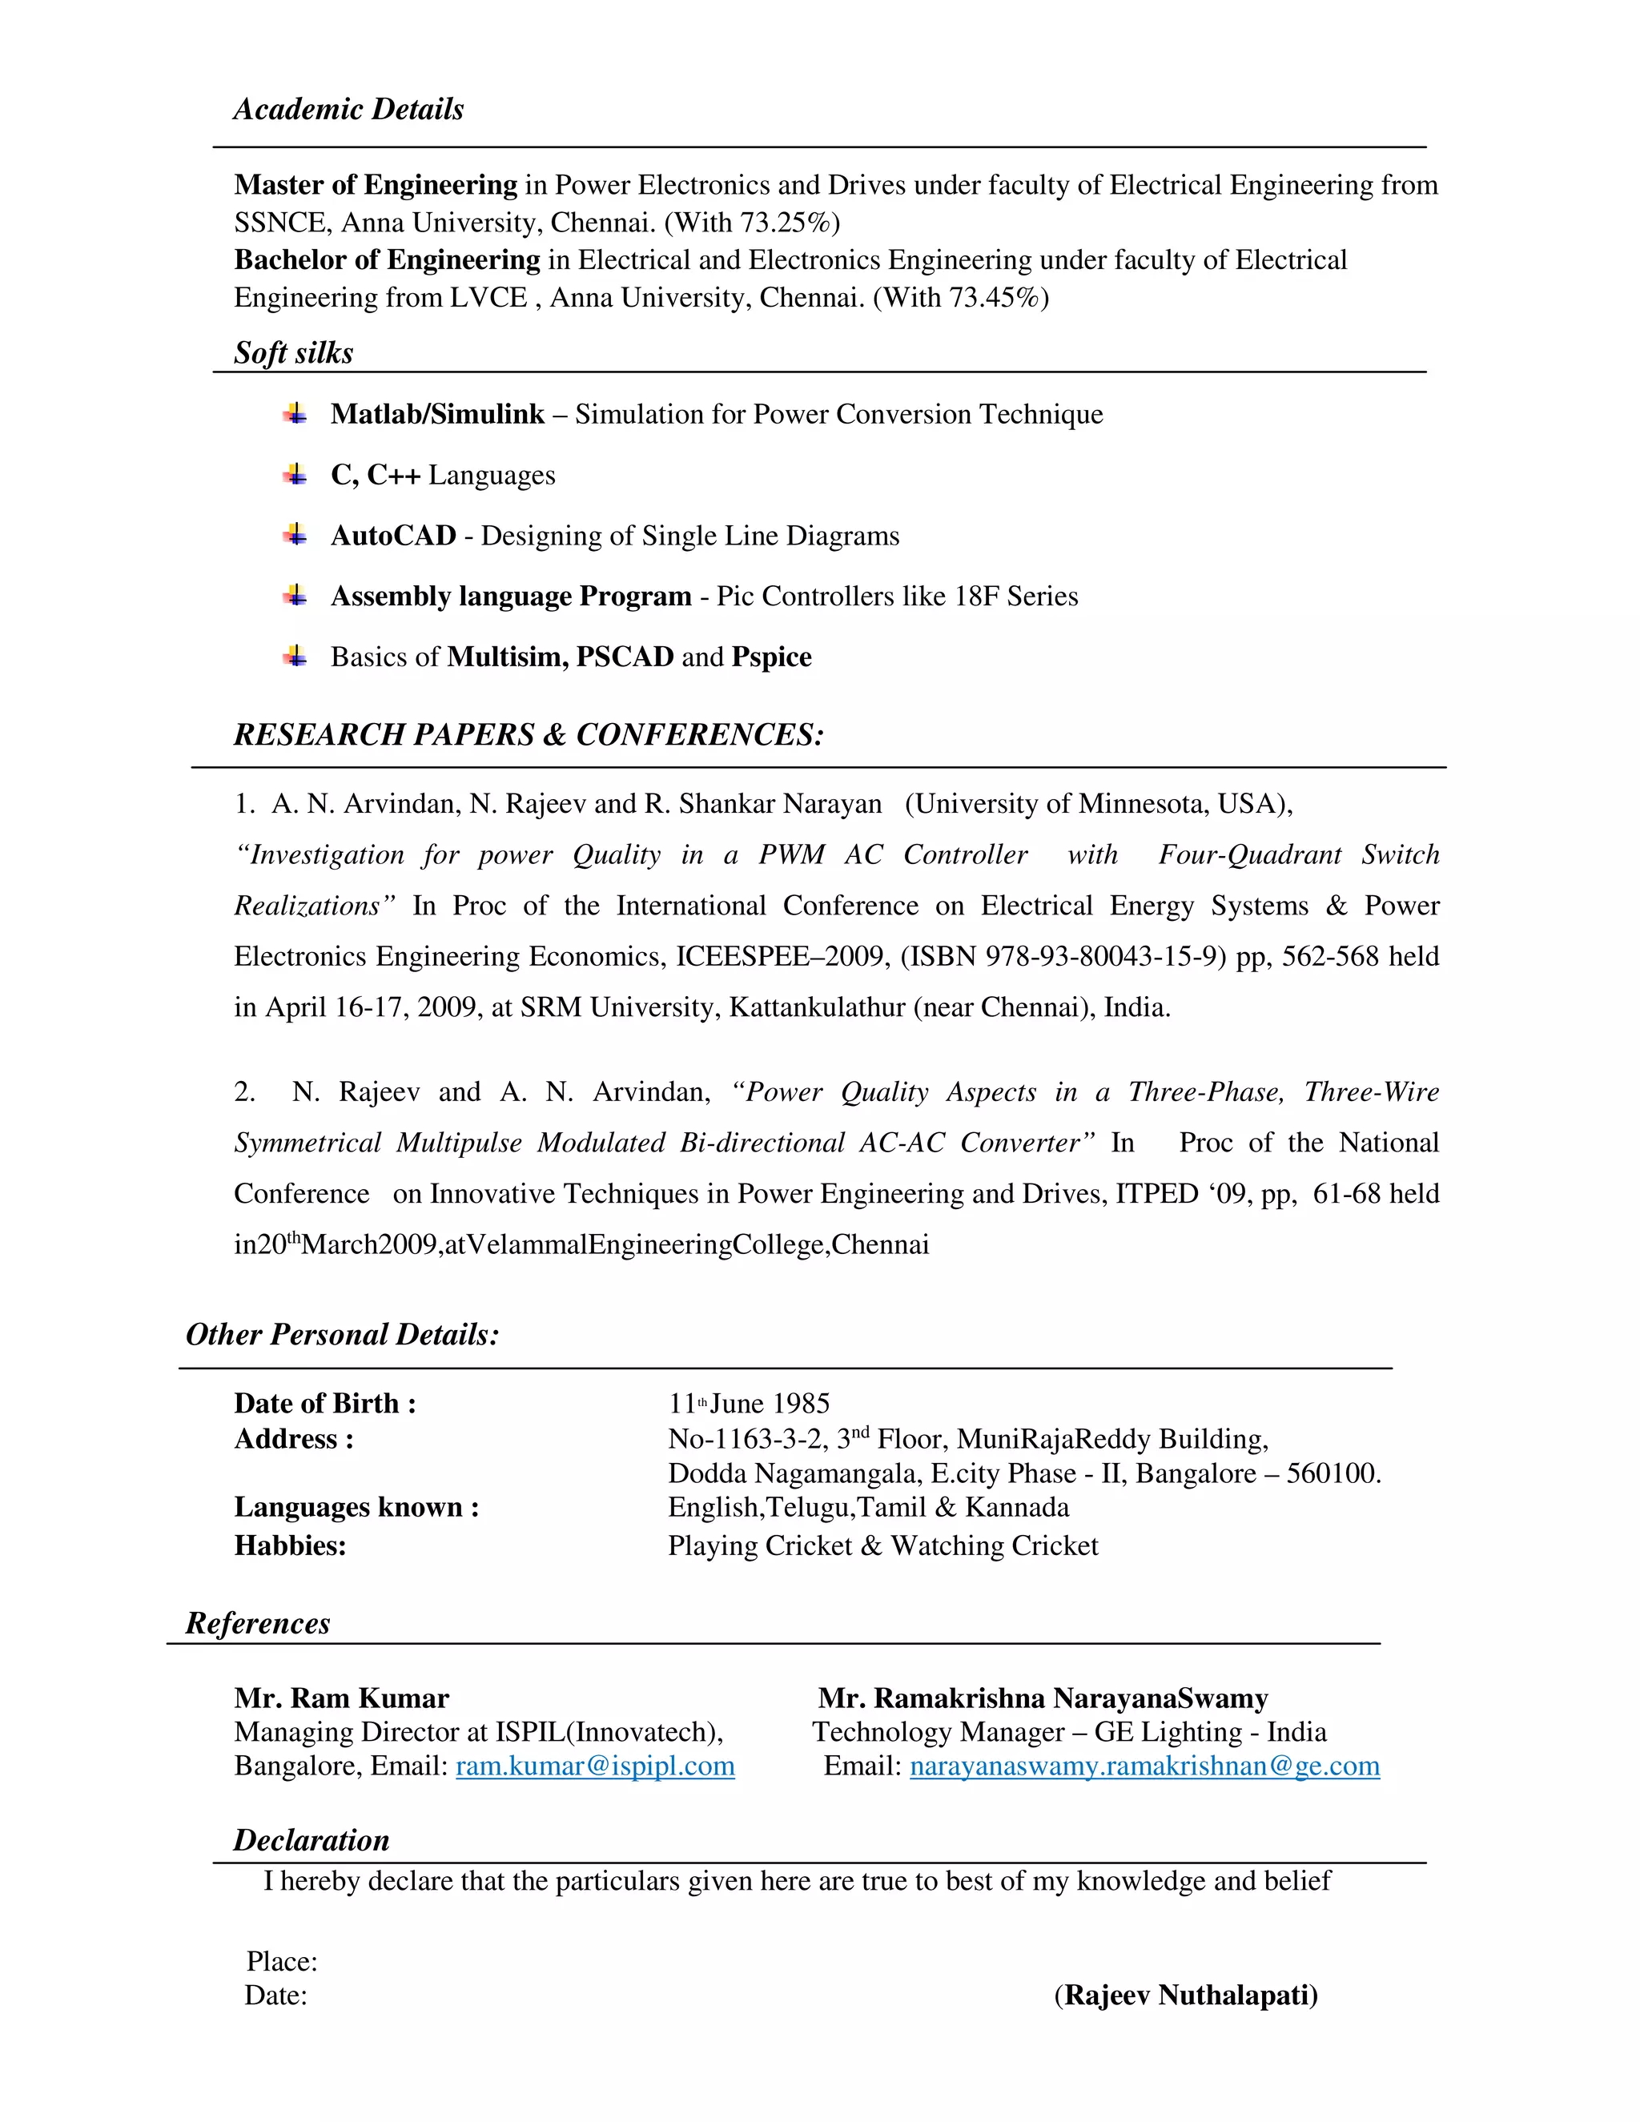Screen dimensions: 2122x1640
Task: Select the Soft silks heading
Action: pos(292,352)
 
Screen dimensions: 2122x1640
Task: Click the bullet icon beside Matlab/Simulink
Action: pos(295,414)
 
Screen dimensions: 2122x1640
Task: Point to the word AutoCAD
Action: pos(392,536)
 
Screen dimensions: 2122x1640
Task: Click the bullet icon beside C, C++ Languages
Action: pos(295,474)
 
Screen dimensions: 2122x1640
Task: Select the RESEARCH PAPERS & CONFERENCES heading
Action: pos(528,734)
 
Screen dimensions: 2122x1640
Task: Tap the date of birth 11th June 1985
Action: pos(748,1404)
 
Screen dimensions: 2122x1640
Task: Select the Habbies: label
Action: pos(290,1545)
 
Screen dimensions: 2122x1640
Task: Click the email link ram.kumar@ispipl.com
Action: pos(595,1766)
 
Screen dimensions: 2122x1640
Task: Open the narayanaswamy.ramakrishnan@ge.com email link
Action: pos(1144,1766)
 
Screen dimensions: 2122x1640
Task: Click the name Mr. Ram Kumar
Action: pos(341,1698)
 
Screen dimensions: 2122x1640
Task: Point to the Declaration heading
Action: pos(311,1840)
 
